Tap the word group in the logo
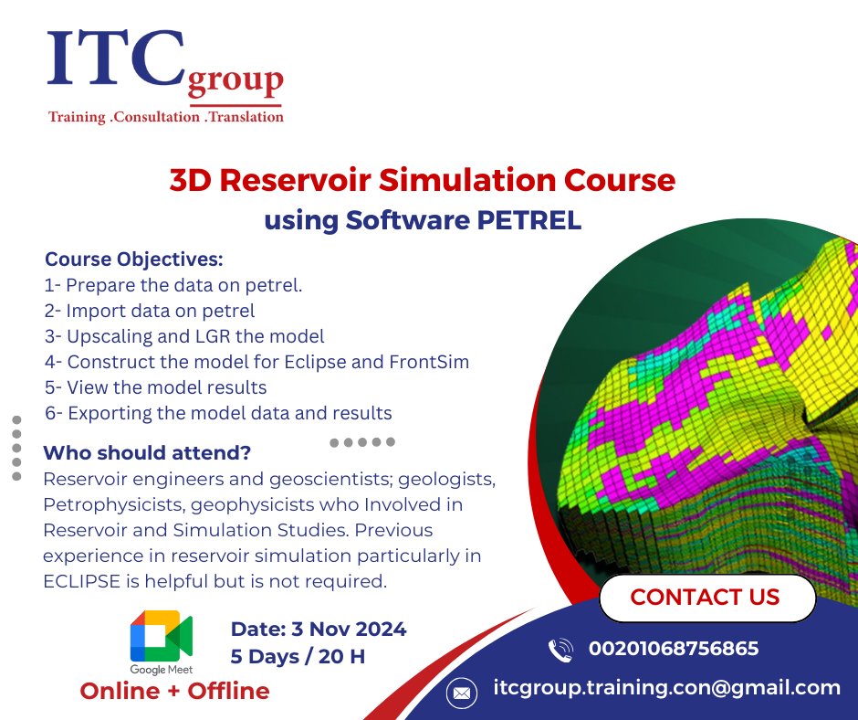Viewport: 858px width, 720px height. tap(235, 82)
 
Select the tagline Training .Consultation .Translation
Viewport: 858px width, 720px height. tap(165, 117)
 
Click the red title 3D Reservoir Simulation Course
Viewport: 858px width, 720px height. tap(422, 180)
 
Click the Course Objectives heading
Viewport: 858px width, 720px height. tap(134, 259)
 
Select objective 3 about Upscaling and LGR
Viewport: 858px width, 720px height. tap(184, 336)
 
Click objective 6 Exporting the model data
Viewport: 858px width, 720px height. tap(218, 413)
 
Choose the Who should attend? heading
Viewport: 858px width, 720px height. tap(147, 453)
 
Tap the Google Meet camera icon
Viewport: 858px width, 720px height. tap(161, 636)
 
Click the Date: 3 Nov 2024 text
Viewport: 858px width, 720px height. tap(319, 629)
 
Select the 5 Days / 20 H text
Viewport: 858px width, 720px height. tap(298, 657)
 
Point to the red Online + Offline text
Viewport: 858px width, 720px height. tap(174, 692)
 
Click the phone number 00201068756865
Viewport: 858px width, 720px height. tap(674, 649)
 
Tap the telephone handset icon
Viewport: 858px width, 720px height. tap(560, 651)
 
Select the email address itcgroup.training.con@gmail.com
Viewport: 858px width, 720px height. tap(666, 688)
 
